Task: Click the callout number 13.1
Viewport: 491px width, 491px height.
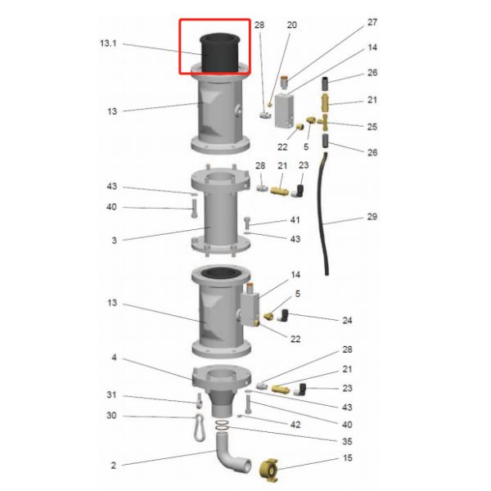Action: click(x=108, y=43)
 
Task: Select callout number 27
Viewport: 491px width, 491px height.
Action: click(x=372, y=22)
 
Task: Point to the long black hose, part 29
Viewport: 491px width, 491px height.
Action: click(x=324, y=213)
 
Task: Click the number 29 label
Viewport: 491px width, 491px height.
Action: click(x=372, y=217)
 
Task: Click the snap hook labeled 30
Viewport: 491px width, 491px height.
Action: click(x=199, y=427)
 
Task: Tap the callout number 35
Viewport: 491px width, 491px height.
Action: click(x=347, y=441)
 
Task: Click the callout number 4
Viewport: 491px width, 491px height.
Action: click(x=114, y=358)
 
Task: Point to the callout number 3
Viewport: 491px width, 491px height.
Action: click(x=115, y=241)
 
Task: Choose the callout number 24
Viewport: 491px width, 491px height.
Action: click(x=347, y=320)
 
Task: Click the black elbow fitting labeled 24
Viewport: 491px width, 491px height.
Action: click(x=284, y=315)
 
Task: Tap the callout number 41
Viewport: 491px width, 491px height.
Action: click(x=295, y=220)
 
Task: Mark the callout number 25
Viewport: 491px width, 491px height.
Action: click(x=372, y=127)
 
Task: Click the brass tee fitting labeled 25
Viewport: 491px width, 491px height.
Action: click(x=322, y=121)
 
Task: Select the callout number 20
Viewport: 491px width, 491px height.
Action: click(x=291, y=25)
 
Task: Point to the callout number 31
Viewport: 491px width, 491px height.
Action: click(x=111, y=395)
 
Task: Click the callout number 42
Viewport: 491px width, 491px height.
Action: click(x=295, y=425)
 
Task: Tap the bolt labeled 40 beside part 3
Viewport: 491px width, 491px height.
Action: click(x=194, y=209)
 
